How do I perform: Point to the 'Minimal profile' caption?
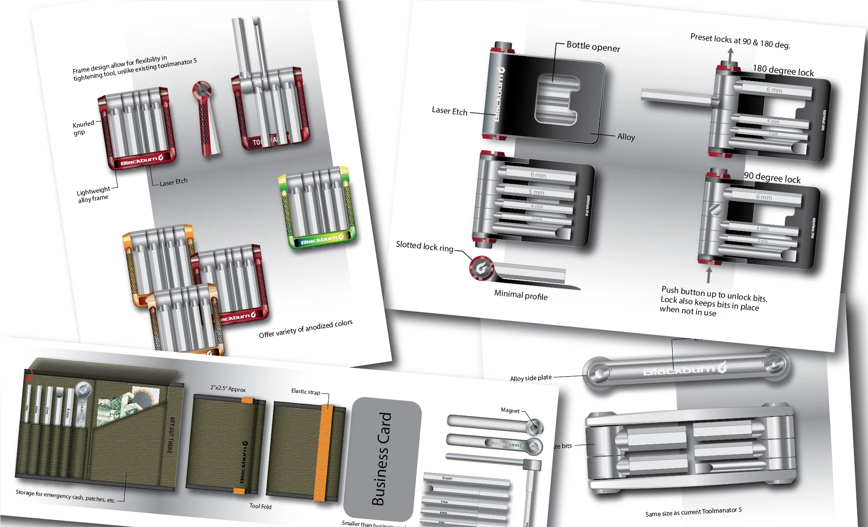[521, 295]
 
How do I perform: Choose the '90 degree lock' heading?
[772, 178]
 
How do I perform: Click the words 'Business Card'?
[381, 458]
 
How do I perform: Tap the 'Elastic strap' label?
[305, 391]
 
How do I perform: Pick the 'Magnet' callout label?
[510, 410]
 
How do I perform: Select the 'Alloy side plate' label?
[530, 378]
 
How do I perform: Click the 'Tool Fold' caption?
[260, 506]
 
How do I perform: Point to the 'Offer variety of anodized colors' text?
[305, 328]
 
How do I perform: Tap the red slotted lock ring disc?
[481, 268]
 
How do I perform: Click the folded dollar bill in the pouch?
[114, 409]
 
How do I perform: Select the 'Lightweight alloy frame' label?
[93, 195]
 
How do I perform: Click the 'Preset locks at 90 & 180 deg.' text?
[740, 41]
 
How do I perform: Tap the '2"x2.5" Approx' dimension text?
[228, 389]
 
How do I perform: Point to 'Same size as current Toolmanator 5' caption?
[693, 512]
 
